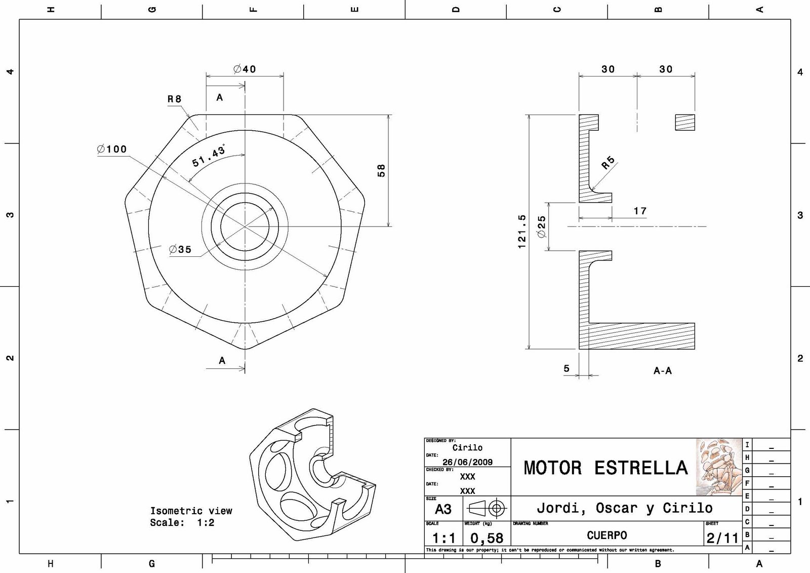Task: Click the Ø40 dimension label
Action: tap(245, 69)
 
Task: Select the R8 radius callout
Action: tap(175, 99)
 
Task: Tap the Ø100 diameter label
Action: tap(112, 149)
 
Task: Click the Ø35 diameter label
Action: tap(180, 249)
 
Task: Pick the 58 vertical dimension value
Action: tap(381, 170)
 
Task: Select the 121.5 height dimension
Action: tap(522, 231)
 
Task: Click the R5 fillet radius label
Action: tap(608, 163)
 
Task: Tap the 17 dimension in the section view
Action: tap(640, 211)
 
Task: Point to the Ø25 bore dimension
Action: tap(542, 226)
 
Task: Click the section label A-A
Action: tap(662, 371)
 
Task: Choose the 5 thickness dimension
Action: tap(566, 368)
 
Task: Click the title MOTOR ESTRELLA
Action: tap(605, 468)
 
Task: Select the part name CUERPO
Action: tap(606, 536)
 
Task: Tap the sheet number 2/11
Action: tap(722, 538)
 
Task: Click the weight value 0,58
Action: tap(487, 538)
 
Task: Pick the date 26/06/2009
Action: tap(467, 462)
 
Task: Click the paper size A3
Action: tap(443, 509)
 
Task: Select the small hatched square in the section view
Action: tap(685, 122)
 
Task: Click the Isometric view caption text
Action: tap(191, 511)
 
